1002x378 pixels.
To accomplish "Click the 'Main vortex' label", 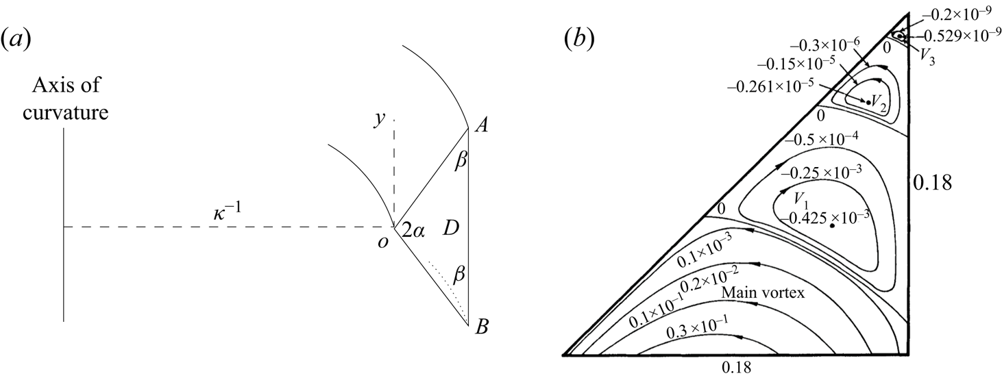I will tap(762, 292).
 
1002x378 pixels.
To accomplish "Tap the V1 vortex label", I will tap(800, 199).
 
